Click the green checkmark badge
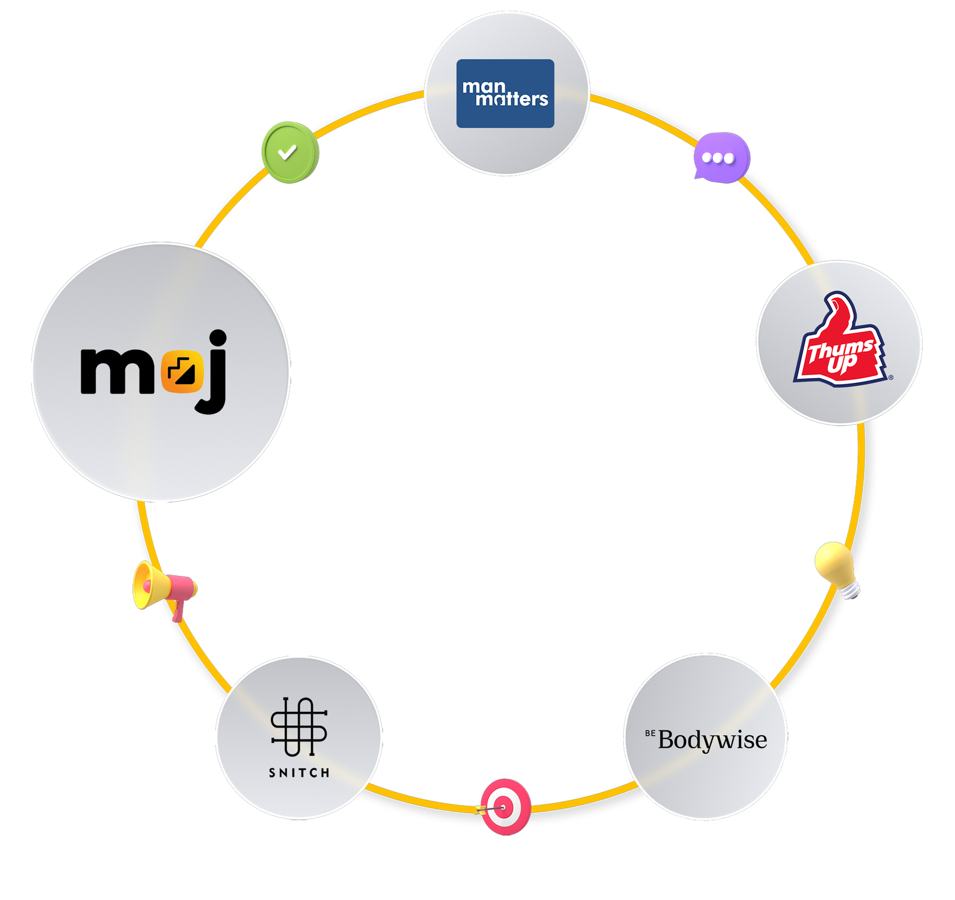tap(290, 152)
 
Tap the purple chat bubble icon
tap(721, 158)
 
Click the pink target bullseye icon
tap(506, 806)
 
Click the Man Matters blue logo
tap(505, 93)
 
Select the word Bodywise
tap(712, 740)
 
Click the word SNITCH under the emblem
tap(299, 773)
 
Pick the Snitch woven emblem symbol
tap(299, 726)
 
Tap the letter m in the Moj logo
tap(117, 371)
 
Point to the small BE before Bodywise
tap(649, 733)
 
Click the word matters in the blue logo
tap(512, 100)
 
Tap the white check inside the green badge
tap(287, 152)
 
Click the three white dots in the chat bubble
tap(718, 158)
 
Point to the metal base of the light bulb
tap(851, 590)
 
